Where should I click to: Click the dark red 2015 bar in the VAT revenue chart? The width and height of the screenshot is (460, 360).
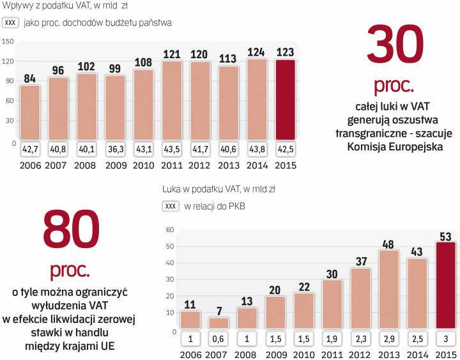click(286, 100)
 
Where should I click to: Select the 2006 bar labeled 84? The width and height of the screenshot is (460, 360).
click(29, 112)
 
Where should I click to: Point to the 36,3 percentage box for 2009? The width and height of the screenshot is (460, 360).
click(116, 150)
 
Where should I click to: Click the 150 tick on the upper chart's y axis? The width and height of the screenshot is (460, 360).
click(8, 42)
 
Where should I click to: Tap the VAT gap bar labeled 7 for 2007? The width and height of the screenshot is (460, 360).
click(218, 322)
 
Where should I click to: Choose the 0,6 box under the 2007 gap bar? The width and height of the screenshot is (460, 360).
click(218, 338)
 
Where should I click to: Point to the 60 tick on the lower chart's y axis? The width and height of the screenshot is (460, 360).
click(169, 230)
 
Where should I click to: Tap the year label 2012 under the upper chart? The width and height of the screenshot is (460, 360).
click(201, 165)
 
